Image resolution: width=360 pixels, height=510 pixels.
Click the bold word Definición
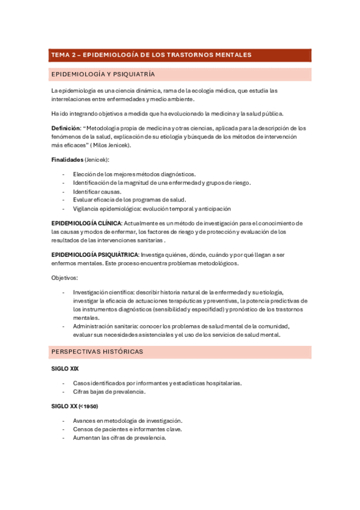tap(66, 128)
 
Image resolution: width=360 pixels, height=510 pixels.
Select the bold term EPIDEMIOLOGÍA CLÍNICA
tap(86, 223)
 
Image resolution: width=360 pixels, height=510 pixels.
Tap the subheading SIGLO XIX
tap(65, 368)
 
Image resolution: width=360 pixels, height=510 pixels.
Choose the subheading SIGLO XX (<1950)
tap(75, 406)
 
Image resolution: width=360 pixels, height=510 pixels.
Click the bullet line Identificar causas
tap(97, 191)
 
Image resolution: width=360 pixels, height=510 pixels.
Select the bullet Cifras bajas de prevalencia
tap(109, 392)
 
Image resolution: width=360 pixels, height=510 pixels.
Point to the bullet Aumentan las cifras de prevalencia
tap(119, 438)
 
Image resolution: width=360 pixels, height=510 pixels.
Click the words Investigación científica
tap(105, 292)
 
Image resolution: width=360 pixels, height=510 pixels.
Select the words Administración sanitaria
tap(106, 326)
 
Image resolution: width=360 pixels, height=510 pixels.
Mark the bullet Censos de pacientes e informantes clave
tap(127, 429)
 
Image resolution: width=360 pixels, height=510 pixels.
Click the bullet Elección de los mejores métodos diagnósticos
tap(134, 174)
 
